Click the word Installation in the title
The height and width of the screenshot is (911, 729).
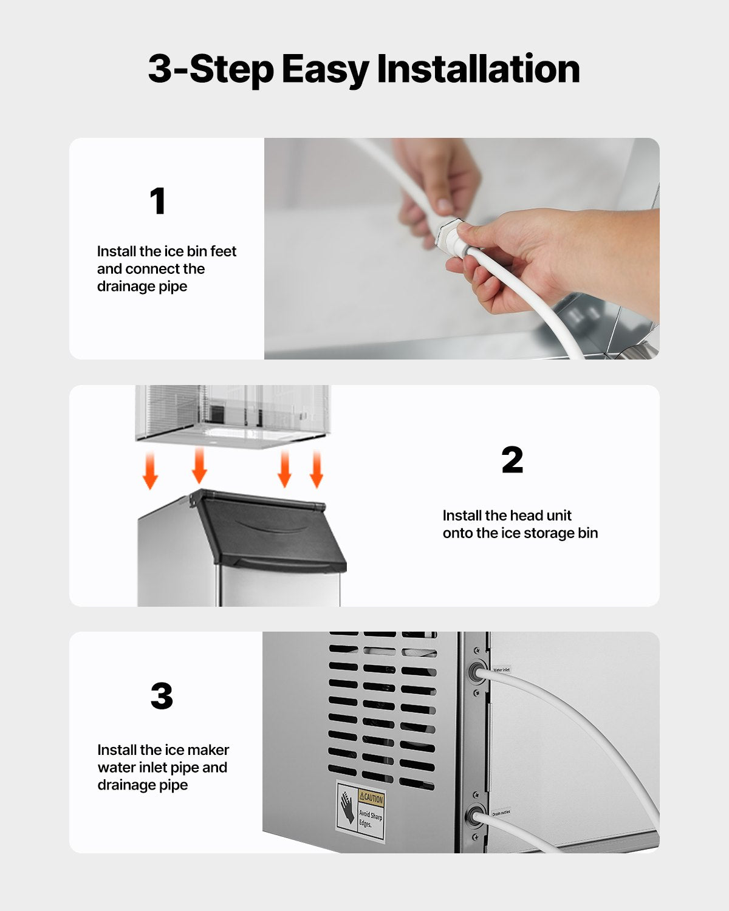(x=478, y=69)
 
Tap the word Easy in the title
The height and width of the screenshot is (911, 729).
(x=325, y=69)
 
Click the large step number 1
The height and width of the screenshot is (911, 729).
(x=158, y=201)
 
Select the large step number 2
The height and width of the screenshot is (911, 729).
(x=512, y=460)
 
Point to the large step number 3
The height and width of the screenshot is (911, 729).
(x=162, y=696)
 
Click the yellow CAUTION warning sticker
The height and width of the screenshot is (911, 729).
(x=371, y=798)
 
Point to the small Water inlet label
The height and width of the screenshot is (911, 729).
(x=501, y=669)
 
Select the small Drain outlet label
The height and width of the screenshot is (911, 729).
(x=501, y=812)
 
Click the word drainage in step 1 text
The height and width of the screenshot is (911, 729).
(x=126, y=287)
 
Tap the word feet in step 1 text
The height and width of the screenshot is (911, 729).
(x=223, y=251)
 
